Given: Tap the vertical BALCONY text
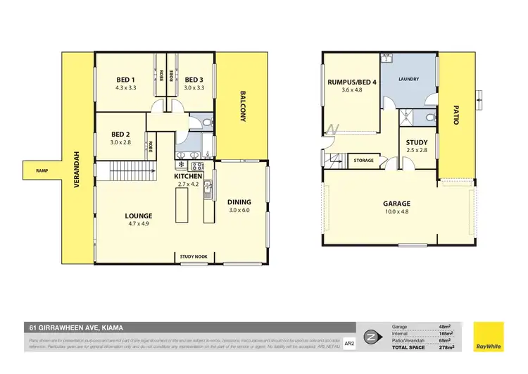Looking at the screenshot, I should tap(241, 106).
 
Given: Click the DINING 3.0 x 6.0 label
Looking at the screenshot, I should tap(239, 206).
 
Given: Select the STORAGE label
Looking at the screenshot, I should tap(363, 161).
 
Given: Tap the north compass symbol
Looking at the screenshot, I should tap(370, 337).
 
